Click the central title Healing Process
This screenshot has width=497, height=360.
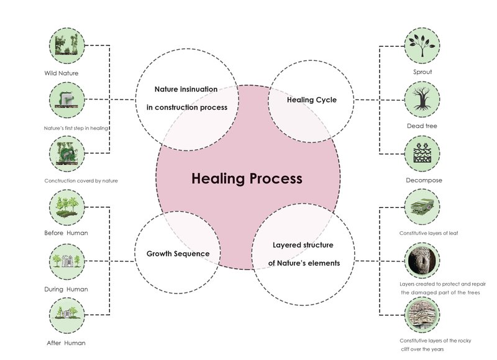point(247,179)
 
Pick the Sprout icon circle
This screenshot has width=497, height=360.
point(422,45)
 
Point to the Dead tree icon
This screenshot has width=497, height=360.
point(422,99)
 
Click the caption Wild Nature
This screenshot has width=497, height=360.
point(61,73)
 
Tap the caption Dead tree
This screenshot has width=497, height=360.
point(422,126)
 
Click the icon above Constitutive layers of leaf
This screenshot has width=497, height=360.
point(422,207)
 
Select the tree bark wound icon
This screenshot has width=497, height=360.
point(422,262)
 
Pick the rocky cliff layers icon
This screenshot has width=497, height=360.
point(422,315)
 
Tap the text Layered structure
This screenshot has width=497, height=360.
point(303,245)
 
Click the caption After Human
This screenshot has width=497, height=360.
point(66,343)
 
